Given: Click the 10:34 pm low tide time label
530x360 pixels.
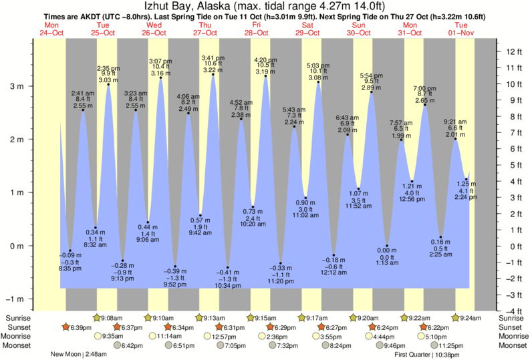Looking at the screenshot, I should click(x=228, y=285).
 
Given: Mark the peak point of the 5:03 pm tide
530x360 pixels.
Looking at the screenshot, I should click(x=318, y=82).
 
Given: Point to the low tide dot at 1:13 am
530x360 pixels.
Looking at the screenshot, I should click(x=387, y=246).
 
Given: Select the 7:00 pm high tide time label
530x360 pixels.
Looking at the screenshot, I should click(x=424, y=88).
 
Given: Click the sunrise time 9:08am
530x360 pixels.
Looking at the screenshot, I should click(x=114, y=318).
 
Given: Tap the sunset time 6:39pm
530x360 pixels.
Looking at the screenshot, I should click(x=80, y=327).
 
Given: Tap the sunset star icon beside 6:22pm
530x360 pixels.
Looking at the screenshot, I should click(x=424, y=327).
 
